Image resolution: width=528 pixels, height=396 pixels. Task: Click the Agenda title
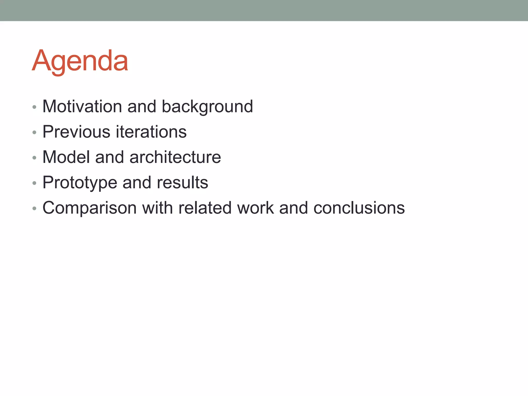[x=80, y=61]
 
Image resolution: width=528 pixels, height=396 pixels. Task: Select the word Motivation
[x=82, y=106]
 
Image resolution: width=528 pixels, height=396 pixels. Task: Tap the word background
[x=207, y=107]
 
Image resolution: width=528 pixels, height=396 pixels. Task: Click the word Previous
[x=76, y=132]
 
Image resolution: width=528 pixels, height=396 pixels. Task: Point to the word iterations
[x=151, y=132]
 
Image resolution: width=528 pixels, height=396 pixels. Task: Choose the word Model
[x=66, y=157]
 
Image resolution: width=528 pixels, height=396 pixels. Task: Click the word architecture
[x=175, y=157]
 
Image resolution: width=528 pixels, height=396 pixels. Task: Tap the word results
[x=182, y=182]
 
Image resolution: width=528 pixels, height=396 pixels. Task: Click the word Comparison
[x=89, y=208]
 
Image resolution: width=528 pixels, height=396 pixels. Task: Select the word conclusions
[x=359, y=208]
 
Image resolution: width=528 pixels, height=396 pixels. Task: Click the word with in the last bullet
[x=158, y=208]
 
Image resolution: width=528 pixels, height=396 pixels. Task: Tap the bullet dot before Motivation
[x=34, y=107]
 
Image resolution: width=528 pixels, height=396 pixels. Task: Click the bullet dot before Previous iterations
[x=34, y=133]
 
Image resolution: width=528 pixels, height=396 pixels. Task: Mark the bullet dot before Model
[x=34, y=158]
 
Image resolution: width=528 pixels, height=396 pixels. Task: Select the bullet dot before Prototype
[x=34, y=183]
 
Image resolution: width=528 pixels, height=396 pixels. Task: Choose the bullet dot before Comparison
[x=34, y=209]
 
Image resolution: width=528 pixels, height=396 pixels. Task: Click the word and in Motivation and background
[x=142, y=106]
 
